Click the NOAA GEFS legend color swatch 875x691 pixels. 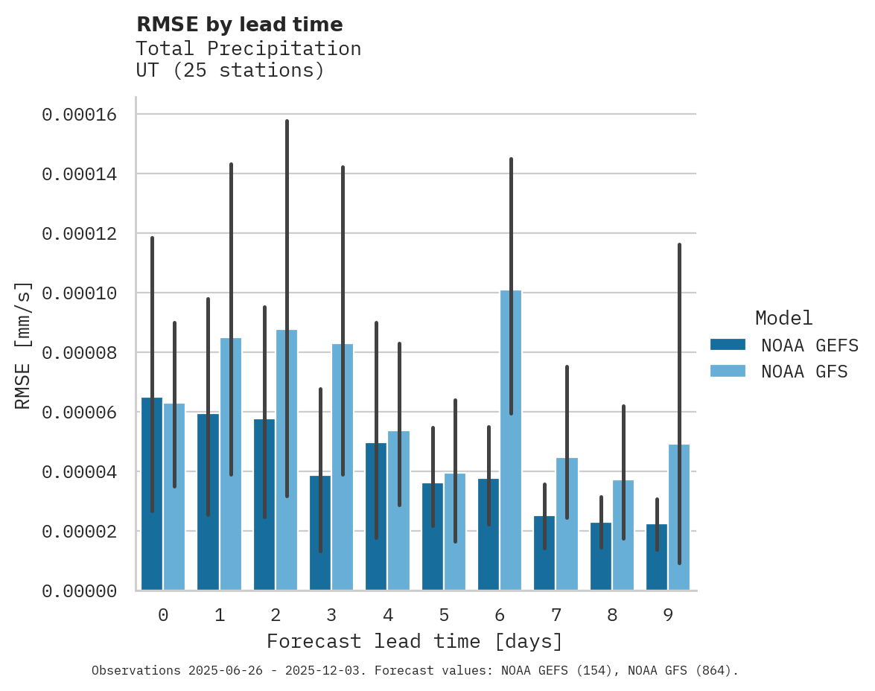pos(728,345)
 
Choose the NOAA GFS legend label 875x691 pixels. pos(804,372)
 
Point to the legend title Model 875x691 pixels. pos(783,318)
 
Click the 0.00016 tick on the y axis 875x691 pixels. pos(80,115)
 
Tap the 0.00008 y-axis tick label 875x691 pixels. pos(80,353)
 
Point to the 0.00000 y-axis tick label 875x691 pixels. pos(80,591)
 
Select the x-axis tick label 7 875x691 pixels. pos(556,615)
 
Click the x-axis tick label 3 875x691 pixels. pos(331,615)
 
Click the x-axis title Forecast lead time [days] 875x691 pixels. pos(415,641)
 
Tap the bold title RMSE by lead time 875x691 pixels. pos(239,25)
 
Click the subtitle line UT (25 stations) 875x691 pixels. pos(230,71)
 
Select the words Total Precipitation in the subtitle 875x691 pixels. pos(248,48)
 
